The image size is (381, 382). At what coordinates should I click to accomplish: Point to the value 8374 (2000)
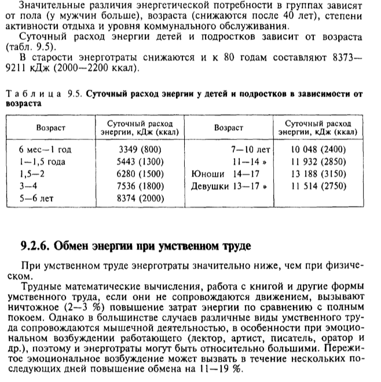(x=138, y=199)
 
